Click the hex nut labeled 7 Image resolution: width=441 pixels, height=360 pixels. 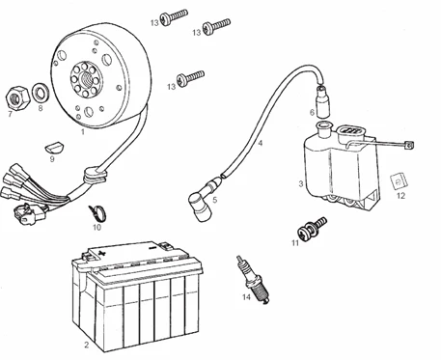(18, 97)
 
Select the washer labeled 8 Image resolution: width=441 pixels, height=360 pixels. (41, 94)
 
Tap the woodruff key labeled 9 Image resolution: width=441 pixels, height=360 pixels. (54, 148)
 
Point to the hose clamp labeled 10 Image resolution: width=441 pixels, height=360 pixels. (97, 212)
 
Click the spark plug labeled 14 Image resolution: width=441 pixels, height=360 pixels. (253, 280)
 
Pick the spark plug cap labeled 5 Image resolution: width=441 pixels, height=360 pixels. (204, 200)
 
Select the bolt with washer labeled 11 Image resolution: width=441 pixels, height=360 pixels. (311, 228)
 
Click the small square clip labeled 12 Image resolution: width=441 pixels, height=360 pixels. (399, 181)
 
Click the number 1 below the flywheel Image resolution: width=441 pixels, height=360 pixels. (83, 131)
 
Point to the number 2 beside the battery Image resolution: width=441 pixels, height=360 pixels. (86, 345)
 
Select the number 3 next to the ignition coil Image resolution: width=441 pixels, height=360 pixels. (301, 184)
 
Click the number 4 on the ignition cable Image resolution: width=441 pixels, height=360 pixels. (261, 143)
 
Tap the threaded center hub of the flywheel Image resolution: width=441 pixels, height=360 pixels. (86, 79)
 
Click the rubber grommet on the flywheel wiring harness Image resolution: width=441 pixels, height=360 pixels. (95, 176)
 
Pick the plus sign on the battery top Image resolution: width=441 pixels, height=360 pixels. (101, 253)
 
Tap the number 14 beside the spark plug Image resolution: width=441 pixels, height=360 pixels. (246, 297)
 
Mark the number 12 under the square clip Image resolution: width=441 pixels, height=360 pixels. (400, 196)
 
